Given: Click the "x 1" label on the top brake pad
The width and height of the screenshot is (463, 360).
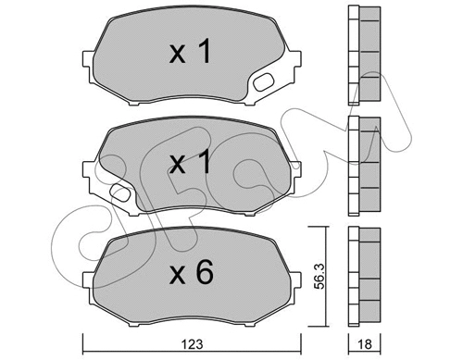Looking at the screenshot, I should (191, 54).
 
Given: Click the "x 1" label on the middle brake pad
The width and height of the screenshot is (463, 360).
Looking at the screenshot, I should (191, 164).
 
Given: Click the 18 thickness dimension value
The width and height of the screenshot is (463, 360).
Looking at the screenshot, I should (363, 347).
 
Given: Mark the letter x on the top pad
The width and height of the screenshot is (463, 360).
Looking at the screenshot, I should (177, 56).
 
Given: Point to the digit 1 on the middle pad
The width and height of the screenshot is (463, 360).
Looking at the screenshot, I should (206, 163).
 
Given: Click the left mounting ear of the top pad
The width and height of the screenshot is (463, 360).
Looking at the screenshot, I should (90, 63).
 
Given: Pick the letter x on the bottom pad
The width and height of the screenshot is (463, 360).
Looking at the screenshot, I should (177, 275).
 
